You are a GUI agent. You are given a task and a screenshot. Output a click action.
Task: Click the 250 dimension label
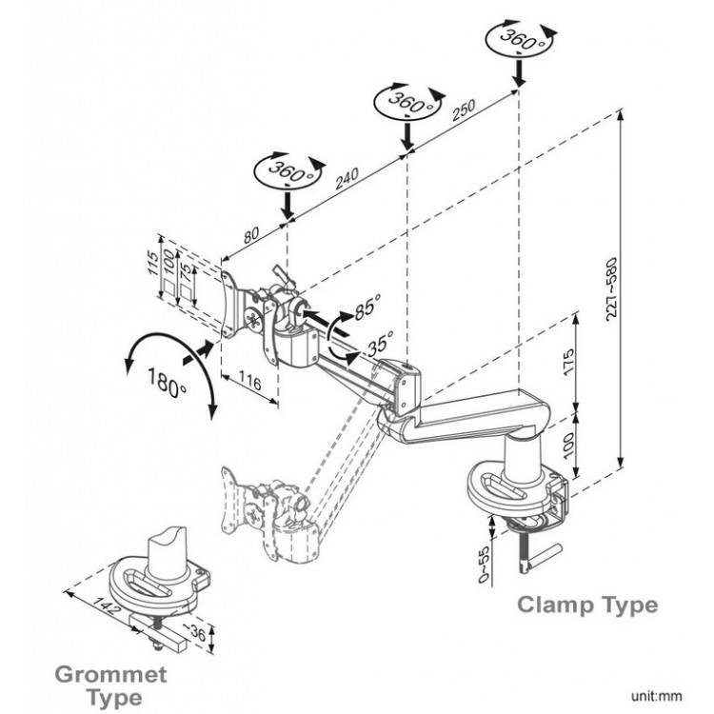(x=464, y=111)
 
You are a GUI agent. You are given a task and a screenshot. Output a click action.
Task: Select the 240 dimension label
(x=347, y=176)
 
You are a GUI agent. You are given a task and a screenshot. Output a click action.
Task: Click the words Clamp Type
(x=586, y=605)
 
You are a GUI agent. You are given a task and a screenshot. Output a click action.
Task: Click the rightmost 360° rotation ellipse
(x=516, y=41)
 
